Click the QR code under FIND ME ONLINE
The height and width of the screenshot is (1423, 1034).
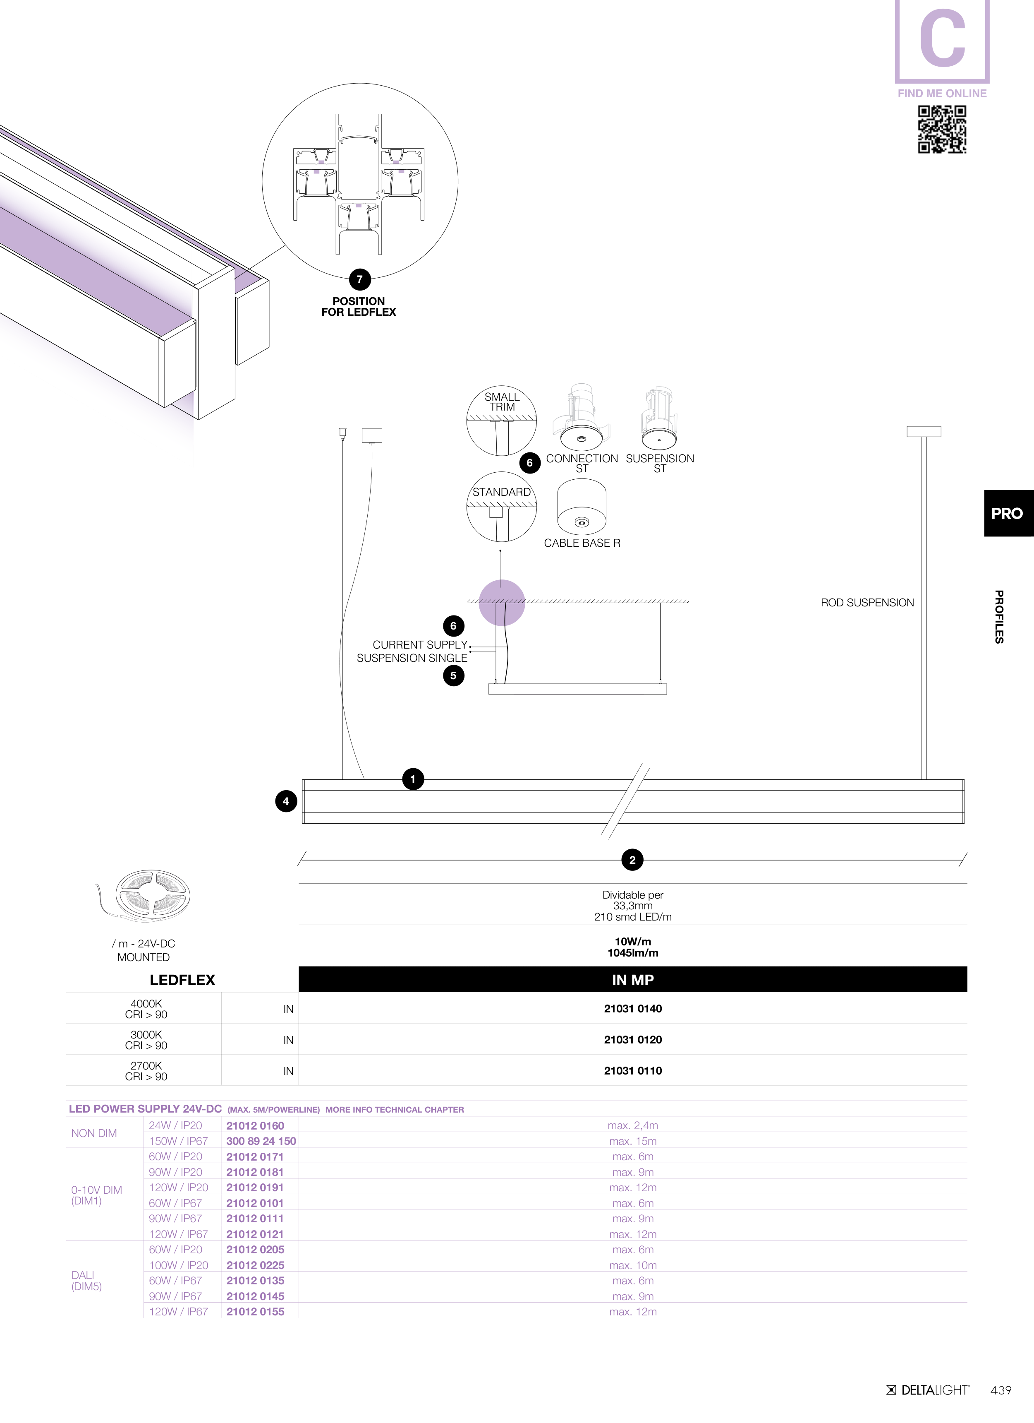pos(942,129)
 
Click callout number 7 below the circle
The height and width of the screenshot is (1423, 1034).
pos(359,280)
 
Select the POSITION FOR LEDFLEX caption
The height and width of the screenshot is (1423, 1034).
pos(359,307)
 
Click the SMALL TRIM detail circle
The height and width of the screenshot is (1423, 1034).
pos(502,421)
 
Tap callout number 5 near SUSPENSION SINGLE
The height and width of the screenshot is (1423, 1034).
pos(453,676)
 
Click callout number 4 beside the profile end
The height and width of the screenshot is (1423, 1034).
pos(286,801)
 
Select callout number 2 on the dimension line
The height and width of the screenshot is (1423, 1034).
pos(632,860)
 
